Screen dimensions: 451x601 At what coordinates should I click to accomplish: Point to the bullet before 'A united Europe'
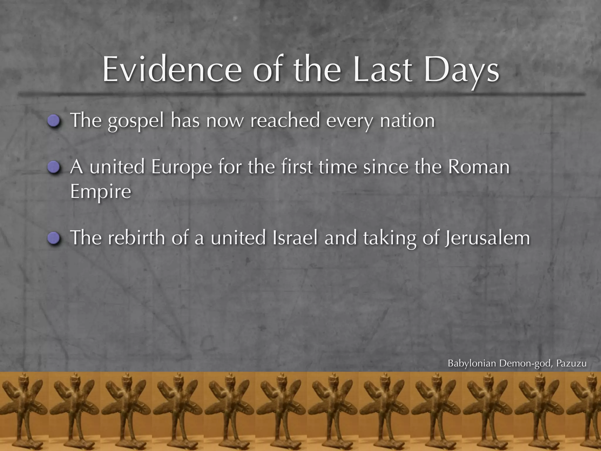(54, 168)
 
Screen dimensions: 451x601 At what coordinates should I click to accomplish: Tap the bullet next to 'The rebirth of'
(54, 238)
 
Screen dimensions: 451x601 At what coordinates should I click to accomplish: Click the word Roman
(479, 167)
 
